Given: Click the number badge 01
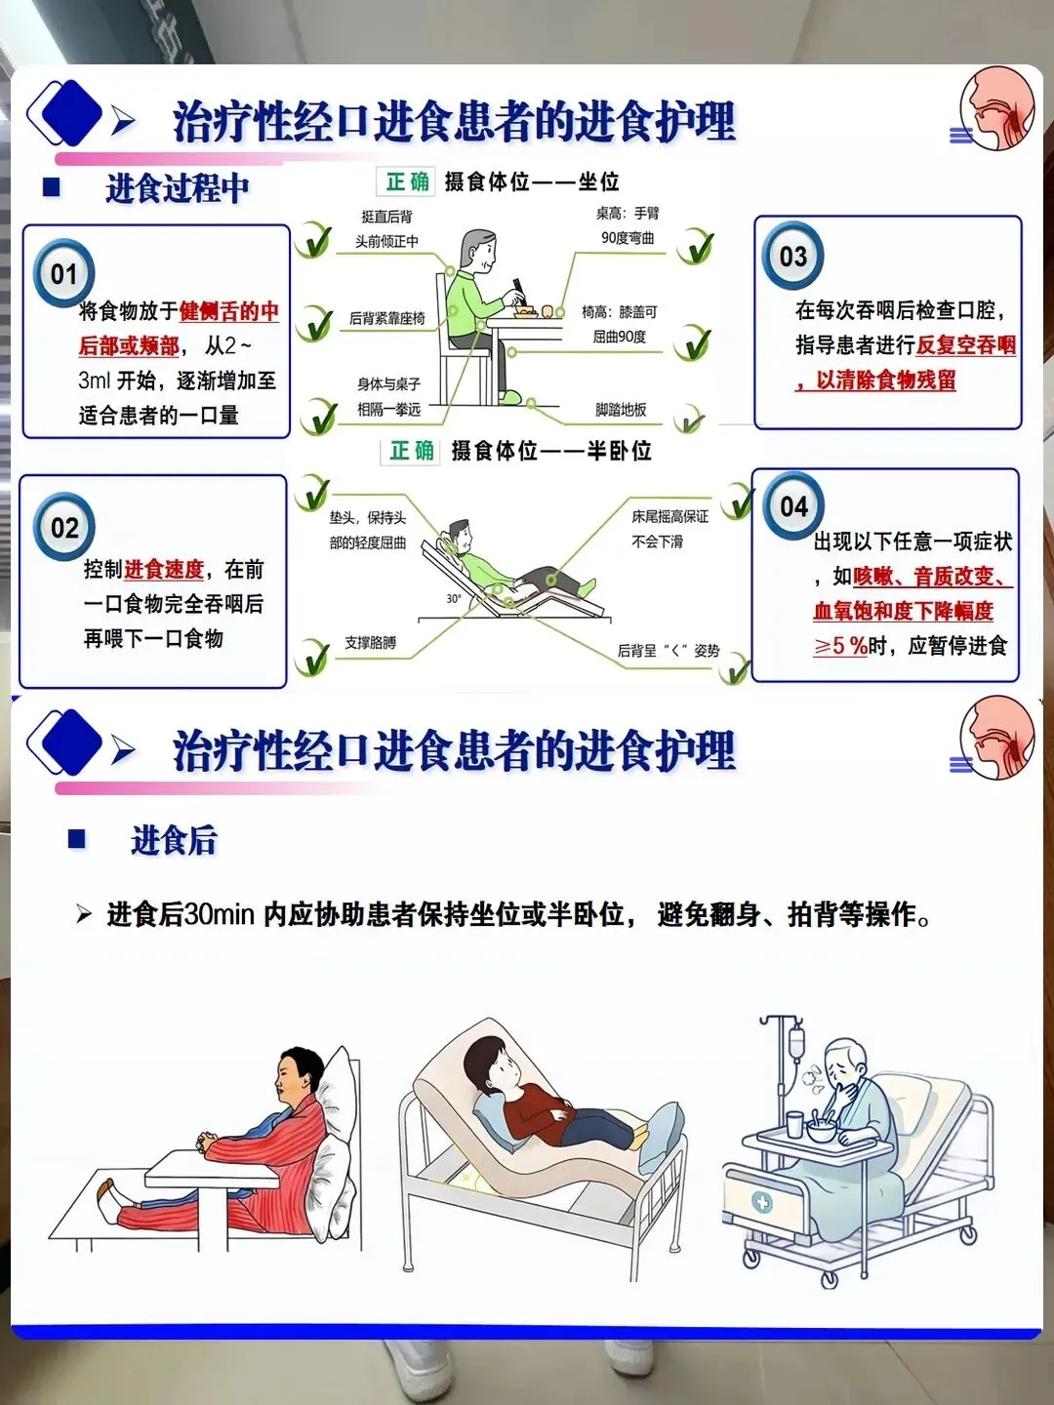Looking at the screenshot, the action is click(64, 273).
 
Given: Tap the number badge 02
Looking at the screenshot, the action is click(64, 528).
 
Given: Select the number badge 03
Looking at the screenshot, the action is click(792, 256).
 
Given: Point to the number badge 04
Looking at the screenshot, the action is click(793, 506).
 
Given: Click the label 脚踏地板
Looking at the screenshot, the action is click(620, 410).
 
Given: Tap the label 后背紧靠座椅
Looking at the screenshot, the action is click(386, 318).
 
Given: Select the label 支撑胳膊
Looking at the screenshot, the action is click(370, 643).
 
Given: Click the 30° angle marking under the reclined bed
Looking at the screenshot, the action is click(453, 598).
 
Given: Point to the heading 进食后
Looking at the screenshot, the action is click(174, 840).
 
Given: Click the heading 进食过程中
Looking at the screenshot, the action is click(178, 188).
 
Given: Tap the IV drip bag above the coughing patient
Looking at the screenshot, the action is click(796, 1042).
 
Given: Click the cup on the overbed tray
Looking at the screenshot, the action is click(794, 1124).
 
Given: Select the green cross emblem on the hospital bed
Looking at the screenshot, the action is click(762, 1202).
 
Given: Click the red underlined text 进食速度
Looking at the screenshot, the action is click(164, 569).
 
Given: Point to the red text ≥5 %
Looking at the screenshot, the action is click(839, 646).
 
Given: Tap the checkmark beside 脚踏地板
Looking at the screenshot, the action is click(689, 418).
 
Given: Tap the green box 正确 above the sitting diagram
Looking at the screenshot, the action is click(407, 181).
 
